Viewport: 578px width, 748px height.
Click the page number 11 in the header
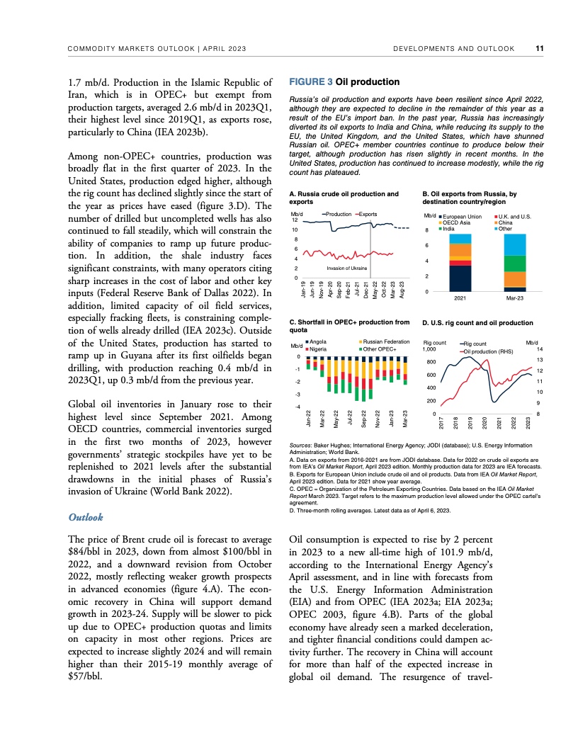pos(540,49)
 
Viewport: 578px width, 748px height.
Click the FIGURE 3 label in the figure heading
pos(309,82)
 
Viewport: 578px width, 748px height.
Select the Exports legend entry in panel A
pos(368,213)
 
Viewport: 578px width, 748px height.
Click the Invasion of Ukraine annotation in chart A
pos(347,268)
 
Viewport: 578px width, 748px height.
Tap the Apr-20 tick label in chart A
pos(330,288)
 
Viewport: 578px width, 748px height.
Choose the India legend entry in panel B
pos(448,229)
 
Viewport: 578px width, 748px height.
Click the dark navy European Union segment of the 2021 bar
pos(460,278)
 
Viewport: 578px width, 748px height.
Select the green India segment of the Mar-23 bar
pos(515,263)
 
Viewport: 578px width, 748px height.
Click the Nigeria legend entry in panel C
pos(317,349)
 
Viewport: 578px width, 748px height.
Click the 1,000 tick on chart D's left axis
pos(429,349)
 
